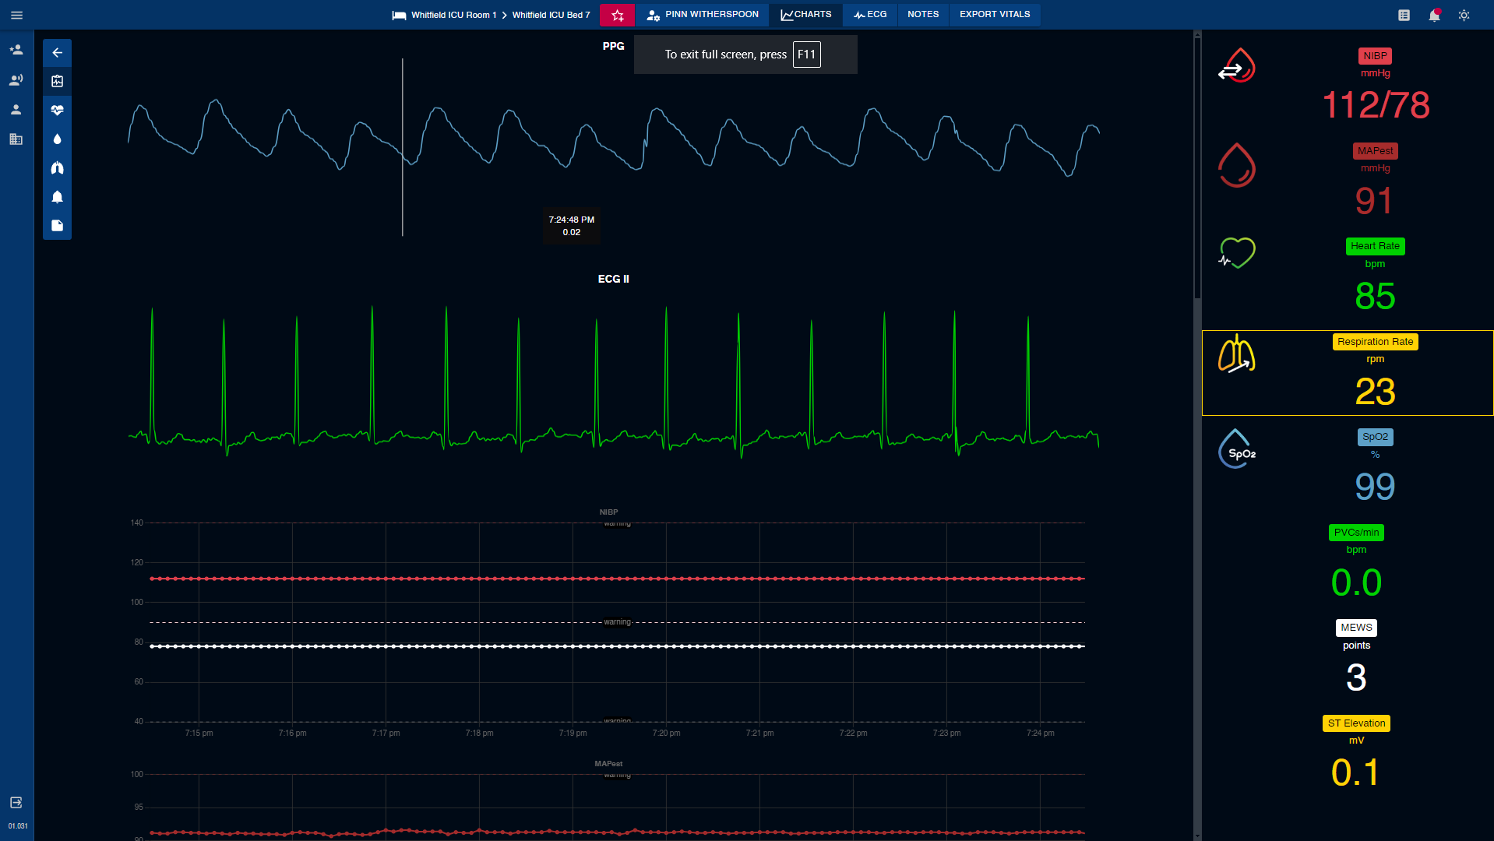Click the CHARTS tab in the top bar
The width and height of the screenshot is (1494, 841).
(x=806, y=15)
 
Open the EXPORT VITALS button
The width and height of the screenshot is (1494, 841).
(x=994, y=15)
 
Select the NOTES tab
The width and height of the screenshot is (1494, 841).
(x=922, y=15)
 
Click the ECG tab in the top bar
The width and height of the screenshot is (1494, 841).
(x=870, y=15)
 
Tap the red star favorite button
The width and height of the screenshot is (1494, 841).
(x=617, y=16)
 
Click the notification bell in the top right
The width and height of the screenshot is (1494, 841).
(x=1434, y=16)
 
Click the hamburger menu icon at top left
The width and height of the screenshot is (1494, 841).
(x=16, y=16)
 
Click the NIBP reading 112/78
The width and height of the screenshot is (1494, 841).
(x=1375, y=105)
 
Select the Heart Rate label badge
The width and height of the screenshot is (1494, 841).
(x=1375, y=246)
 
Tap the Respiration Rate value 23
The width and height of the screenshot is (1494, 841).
(x=1375, y=392)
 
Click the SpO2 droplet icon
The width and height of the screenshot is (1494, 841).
(x=1236, y=449)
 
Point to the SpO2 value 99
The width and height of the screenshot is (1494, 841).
(x=1375, y=487)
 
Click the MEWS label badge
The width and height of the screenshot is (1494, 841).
(x=1356, y=628)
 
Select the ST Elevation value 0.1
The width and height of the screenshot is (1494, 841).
(x=1355, y=772)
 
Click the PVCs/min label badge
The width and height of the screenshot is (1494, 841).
(x=1356, y=533)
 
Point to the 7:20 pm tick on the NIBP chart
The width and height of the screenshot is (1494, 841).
(x=666, y=734)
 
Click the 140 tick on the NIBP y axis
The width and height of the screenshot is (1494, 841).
(x=137, y=523)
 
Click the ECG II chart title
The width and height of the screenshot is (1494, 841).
(x=613, y=279)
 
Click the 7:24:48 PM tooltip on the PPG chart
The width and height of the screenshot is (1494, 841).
(x=571, y=226)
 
